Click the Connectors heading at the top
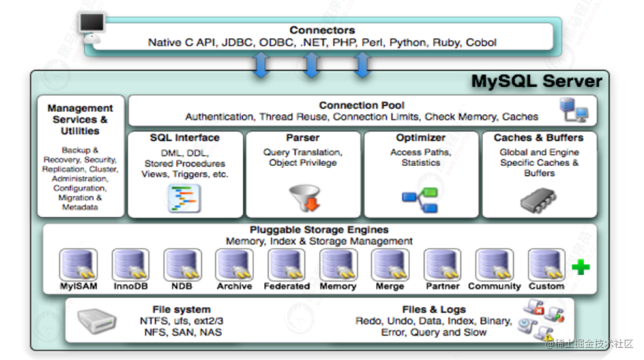[x=322, y=31]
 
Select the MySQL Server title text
[x=536, y=82]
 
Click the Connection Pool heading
[x=362, y=105]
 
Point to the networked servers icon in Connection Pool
[x=574, y=110]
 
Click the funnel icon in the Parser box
[x=303, y=199]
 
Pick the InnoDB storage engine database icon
[x=130, y=265]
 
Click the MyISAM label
[x=79, y=286]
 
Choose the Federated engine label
[x=287, y=286]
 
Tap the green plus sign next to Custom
[x=581, y=267]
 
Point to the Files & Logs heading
[x=434, y=310]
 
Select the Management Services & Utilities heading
[x=80, y=119]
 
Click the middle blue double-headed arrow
[x=311, y=66]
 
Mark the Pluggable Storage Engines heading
[x=319, y=230]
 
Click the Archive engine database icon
[x=234, y=265]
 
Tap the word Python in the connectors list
[x=409, y=43]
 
